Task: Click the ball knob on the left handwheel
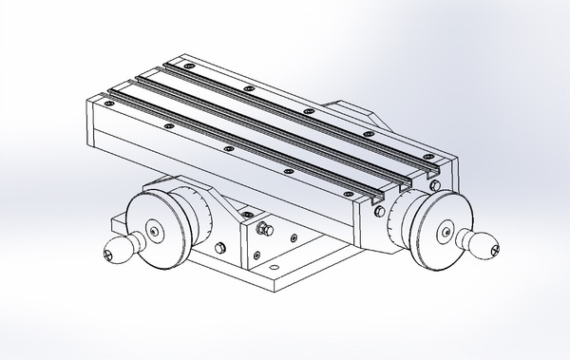pos(115,251)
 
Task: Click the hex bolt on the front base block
pos(263,231)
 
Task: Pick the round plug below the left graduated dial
pos(220,249)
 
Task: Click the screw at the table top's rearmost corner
pos(188,66)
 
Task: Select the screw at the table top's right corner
pos(431,159)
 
